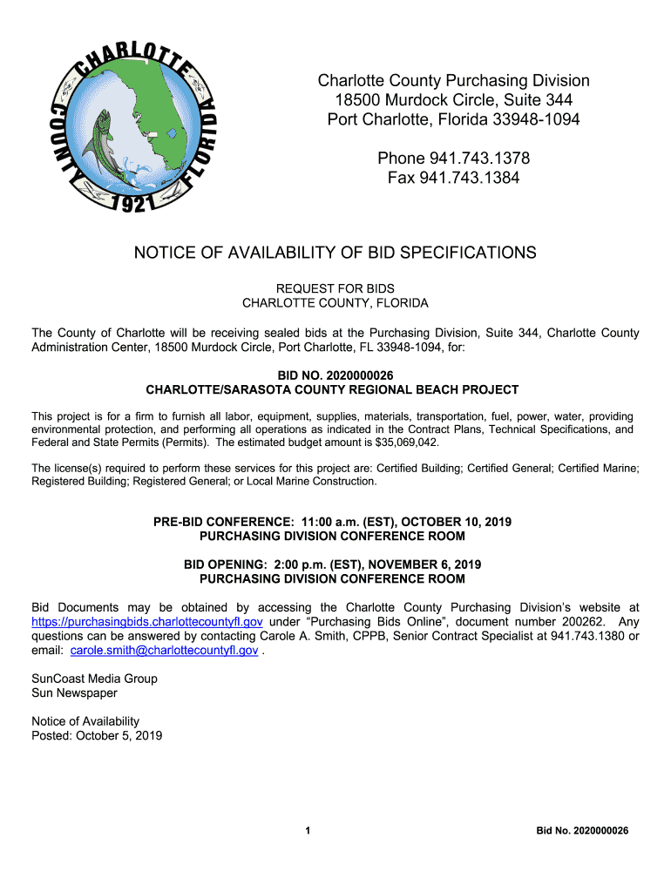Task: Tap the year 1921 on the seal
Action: point(127,202)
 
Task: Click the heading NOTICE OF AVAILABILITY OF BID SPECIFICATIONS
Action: point(335,253)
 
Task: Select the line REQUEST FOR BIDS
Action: point(335,288)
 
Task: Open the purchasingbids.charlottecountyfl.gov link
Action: point(147,622)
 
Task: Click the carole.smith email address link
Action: point(164,651)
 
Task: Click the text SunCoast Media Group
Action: point(94,679)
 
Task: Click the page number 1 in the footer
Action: point(308,831)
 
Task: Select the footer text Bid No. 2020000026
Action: point(582,831)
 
